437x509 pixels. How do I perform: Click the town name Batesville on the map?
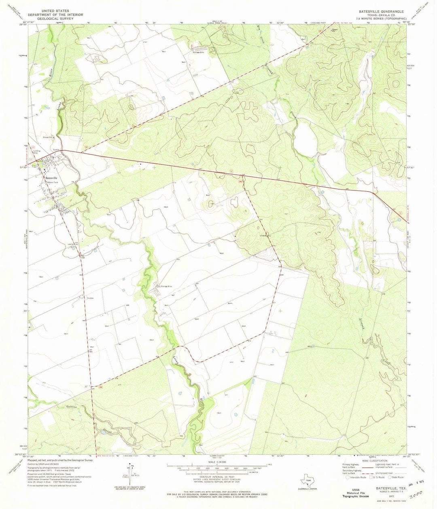point(51,178)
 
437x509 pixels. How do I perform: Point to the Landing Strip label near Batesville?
point(38,152)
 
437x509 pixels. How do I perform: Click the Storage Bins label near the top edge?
point(199,52)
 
